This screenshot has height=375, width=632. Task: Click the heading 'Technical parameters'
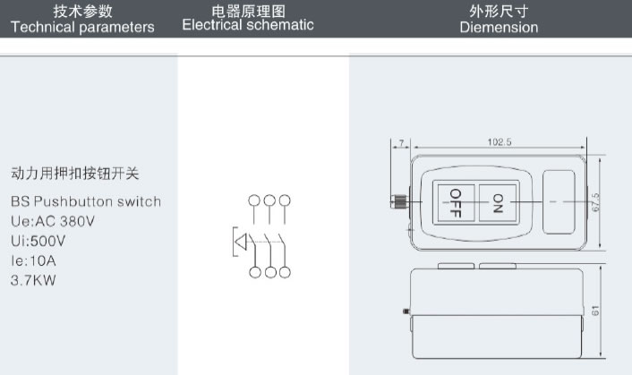(82, 27)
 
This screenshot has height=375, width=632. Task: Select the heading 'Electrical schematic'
(248, 25)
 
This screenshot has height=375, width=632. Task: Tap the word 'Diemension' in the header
(499, 27)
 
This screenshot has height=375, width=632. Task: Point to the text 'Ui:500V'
(38, 241)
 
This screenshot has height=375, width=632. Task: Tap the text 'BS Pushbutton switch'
(86, 201)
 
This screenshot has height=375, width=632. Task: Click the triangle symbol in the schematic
(241, 241)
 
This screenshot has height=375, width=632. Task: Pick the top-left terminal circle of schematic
(254, 200)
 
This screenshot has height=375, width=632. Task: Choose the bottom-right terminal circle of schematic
(286, 272)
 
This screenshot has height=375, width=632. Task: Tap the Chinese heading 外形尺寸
(499, 11)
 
